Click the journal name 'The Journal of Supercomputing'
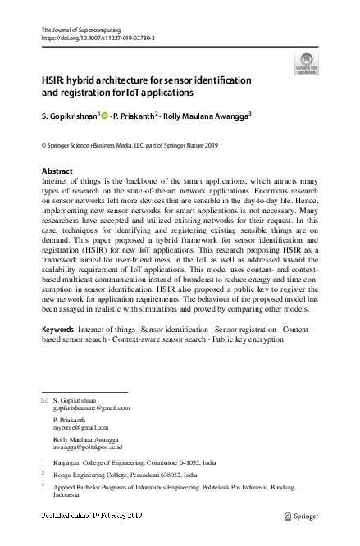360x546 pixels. (80, 30)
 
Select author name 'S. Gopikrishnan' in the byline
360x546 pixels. (68, 115)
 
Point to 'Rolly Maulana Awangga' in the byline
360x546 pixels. (207, 115)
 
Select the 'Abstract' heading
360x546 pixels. (57, 171)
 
